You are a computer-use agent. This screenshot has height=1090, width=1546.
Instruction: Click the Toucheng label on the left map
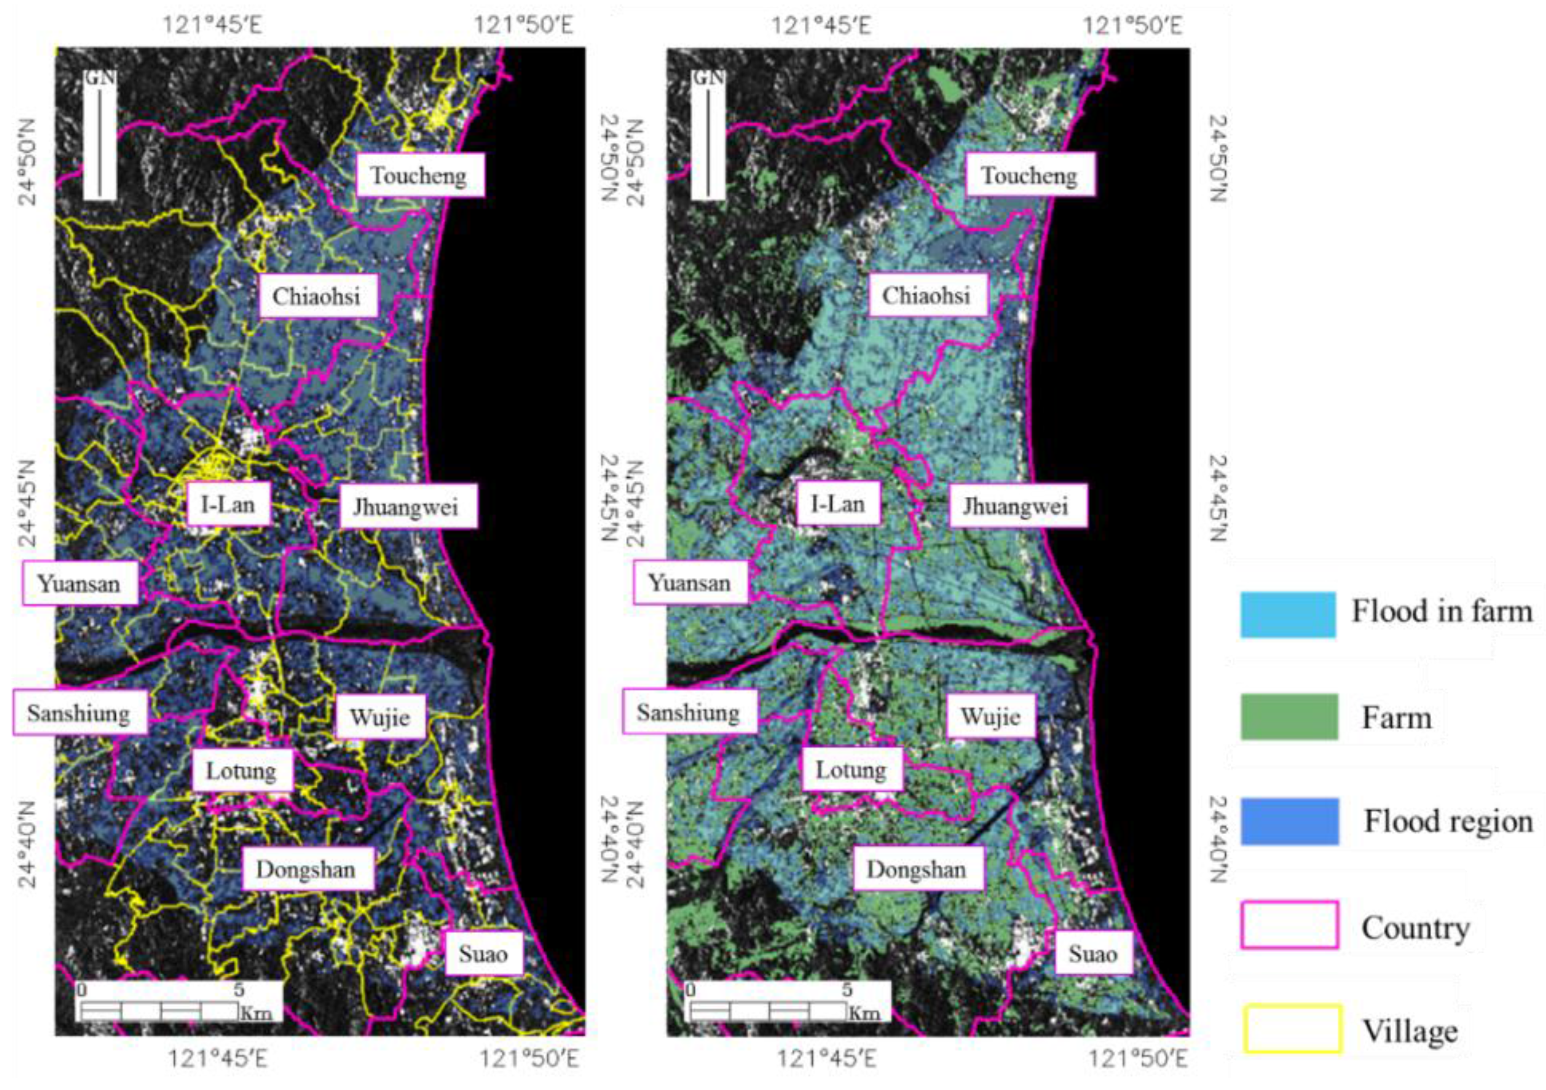(x=419, y=176)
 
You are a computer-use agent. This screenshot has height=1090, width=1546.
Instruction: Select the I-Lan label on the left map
(x=228, y=504)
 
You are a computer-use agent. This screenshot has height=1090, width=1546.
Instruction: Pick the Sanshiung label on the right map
(x=688, y=712)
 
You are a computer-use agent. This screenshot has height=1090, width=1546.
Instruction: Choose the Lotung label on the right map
(x=851, y=769)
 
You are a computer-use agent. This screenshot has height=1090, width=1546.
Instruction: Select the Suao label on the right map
(x=1093, y=953)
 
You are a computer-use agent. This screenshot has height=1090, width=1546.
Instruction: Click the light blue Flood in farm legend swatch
(x=1287, y=614)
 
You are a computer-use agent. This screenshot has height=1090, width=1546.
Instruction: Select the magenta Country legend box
(x=1289, y=925)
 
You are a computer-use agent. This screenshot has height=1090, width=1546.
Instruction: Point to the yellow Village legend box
(x=1292, y=1028)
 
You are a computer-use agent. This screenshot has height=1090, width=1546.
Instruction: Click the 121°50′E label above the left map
(x=524, y=26)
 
